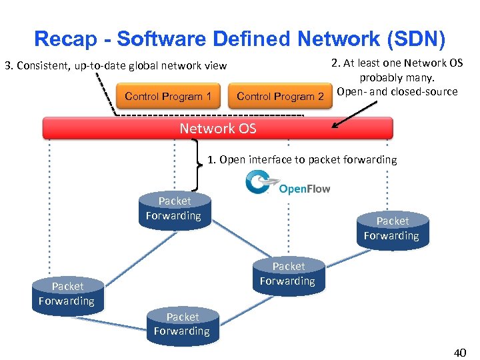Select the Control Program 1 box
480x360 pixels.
(x=167, y=97)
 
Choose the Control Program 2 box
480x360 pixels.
(x=280, y=97)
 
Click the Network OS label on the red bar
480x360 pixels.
(x=217, y=128)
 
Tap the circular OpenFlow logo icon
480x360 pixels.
(x=259, y=181)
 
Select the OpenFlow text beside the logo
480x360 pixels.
(x=305, y=189)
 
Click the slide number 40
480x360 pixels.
(x=459, y=352)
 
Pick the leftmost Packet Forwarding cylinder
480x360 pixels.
(x=67, y=294)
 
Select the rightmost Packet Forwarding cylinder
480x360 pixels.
(x=392, y=229)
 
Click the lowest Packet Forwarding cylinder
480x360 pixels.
(x=182, y=325)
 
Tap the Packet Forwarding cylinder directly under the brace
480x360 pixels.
(x=174, y=209)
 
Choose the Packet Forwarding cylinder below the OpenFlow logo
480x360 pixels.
(x=288, y=274)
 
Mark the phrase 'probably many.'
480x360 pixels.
(x=397, y=77)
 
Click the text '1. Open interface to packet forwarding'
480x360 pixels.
(x=301, y=159)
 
